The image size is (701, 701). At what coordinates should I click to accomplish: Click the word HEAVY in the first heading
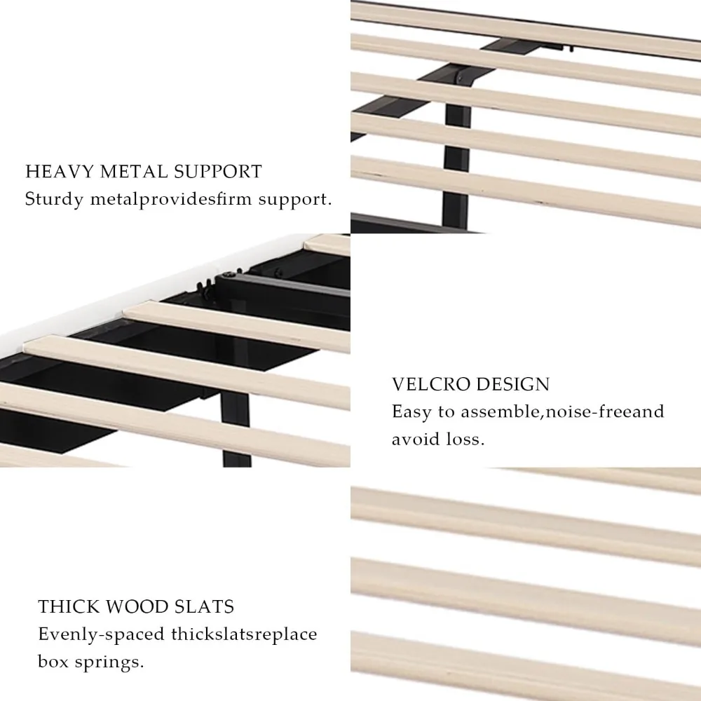pos(60,172)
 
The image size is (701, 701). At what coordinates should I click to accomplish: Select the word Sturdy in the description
pos(54,199)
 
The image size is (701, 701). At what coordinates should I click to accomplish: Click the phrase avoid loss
pos(438,439)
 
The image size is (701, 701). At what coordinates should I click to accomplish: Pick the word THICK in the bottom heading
pos(67,606)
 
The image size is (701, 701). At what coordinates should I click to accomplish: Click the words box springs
pos(90,662)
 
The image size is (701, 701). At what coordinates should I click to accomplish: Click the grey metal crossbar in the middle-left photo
pos(286,286)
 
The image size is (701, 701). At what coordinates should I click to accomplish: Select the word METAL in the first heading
pos(134,172)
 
